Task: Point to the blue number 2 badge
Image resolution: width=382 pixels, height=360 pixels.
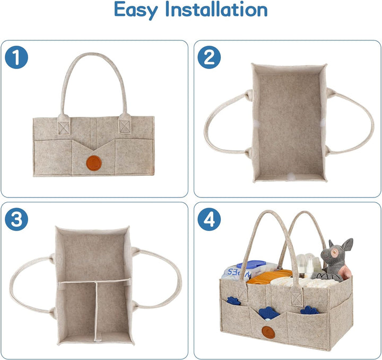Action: tap(209, 57)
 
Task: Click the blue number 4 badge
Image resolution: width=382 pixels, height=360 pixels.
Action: tap(209, 219)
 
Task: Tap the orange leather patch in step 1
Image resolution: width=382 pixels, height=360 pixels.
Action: tap(94, 161)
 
